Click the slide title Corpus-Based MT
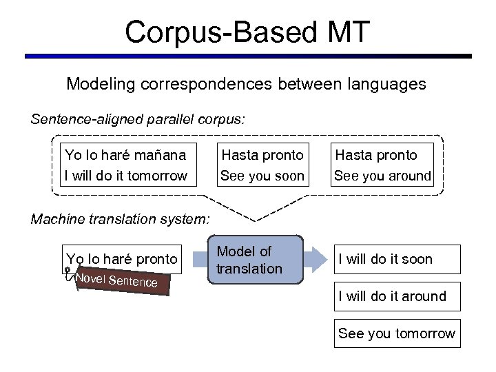click(247, 32)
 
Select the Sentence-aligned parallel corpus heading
click(138, 119)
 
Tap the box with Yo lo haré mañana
click(125, 165)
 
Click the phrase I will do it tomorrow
click(125, 176)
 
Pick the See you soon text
click(262, 176)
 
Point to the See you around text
click(382, 176)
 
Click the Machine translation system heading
click(118, 219)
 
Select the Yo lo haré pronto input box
click(122, 259)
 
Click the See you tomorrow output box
click(397, 334)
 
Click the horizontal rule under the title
click(248, 56)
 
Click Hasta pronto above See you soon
click(262, 156)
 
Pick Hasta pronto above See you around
click(376, 156)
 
